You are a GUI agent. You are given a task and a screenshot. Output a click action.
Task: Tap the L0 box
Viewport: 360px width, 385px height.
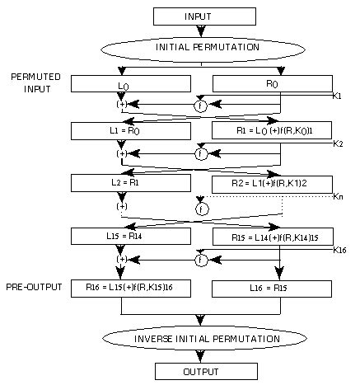point(122,84)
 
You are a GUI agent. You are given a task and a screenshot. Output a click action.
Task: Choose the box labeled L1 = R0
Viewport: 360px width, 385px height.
point(122,131)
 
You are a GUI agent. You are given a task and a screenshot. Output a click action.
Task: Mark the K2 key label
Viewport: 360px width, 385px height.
point(337,144)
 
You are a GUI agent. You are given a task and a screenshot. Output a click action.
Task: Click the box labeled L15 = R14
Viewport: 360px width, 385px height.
point(122,237)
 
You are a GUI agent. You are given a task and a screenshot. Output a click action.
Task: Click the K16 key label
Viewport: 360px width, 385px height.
point(339,249)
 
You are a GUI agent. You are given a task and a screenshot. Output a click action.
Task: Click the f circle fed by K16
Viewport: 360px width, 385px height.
point(199,261)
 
